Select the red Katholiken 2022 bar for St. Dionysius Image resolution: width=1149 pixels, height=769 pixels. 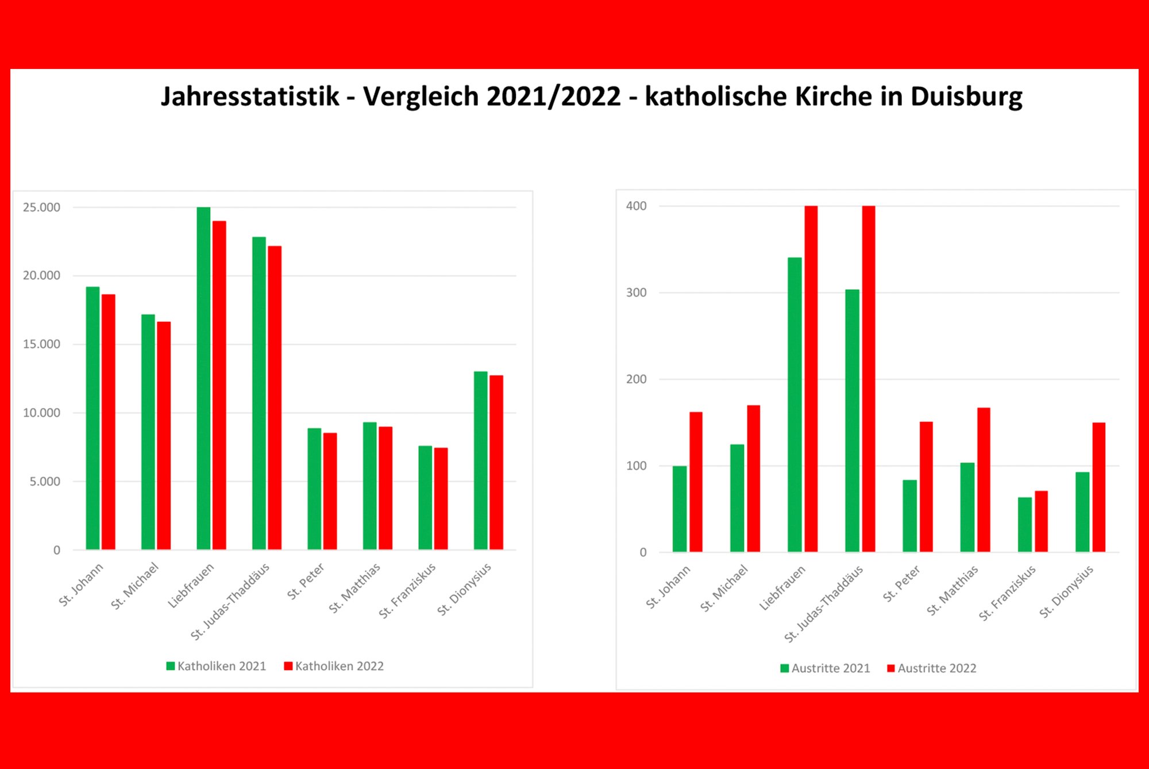tap(496, 462)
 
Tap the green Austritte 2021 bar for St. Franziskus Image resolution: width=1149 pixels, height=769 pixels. tap(1024, 524)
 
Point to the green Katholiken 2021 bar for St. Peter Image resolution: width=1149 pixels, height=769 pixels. tap(314, 489)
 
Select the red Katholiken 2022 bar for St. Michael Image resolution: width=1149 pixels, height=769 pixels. tap(164, 435)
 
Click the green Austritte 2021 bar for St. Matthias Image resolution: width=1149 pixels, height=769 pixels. tap(967, 507)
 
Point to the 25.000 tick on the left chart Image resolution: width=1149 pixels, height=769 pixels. tap(41, 207)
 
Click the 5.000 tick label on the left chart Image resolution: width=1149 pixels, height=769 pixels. tap(45, 482)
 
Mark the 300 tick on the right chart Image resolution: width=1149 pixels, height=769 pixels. tap(636, 293)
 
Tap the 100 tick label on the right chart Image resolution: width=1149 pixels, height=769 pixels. tap(636, 466)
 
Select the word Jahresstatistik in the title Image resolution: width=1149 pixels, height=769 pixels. tap(250, 97)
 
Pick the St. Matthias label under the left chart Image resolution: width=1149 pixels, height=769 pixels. tap(354, 587)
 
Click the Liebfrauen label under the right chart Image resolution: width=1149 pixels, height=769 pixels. tap(782, 587)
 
